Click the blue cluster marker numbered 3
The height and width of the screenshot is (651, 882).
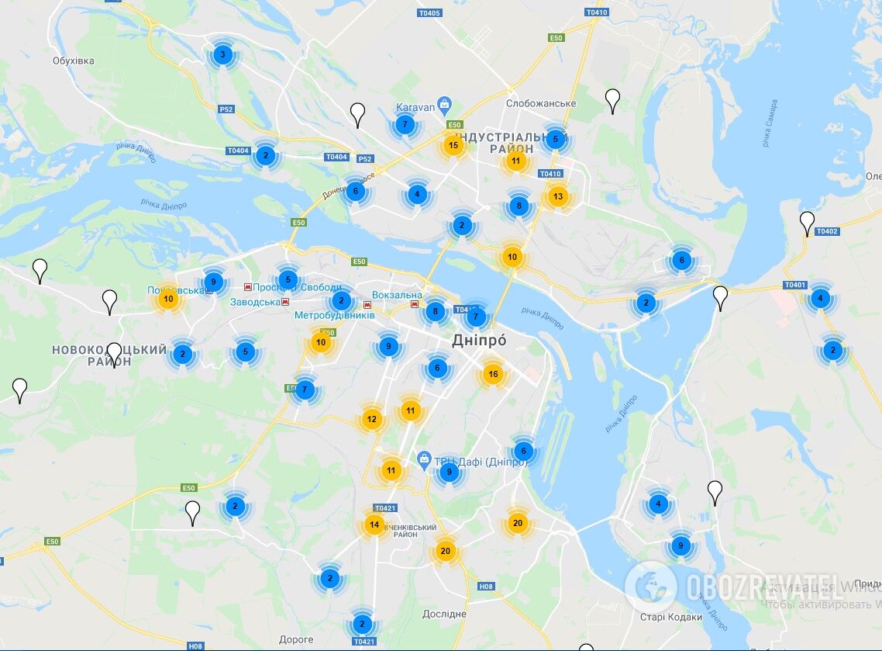point(222,54)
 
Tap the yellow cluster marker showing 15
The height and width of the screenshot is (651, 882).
point(453,145)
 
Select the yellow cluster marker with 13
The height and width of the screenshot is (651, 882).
point(557,196)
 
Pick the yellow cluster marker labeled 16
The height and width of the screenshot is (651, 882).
point(493,375)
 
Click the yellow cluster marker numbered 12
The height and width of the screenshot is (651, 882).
point(372,419)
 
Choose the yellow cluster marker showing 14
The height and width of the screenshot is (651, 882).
point(374,525)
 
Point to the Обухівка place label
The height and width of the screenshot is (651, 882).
point(74,61)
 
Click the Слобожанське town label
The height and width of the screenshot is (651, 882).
point(541,104)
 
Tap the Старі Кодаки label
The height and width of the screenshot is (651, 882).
point(671,618)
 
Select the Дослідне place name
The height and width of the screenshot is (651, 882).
point(444,614)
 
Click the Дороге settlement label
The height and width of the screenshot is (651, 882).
point(296,639)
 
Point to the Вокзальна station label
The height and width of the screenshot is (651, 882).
point(397,295)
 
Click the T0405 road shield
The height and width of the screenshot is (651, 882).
point(429,13)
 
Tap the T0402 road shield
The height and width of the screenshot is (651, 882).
point(827,231)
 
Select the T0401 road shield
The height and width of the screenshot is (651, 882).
point(794,285)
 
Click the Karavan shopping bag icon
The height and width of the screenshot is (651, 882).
point(444,103)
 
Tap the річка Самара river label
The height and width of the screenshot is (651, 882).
point(769,123)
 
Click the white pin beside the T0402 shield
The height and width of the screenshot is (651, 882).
point(807,222)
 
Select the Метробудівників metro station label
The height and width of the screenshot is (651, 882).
point(334,316)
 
